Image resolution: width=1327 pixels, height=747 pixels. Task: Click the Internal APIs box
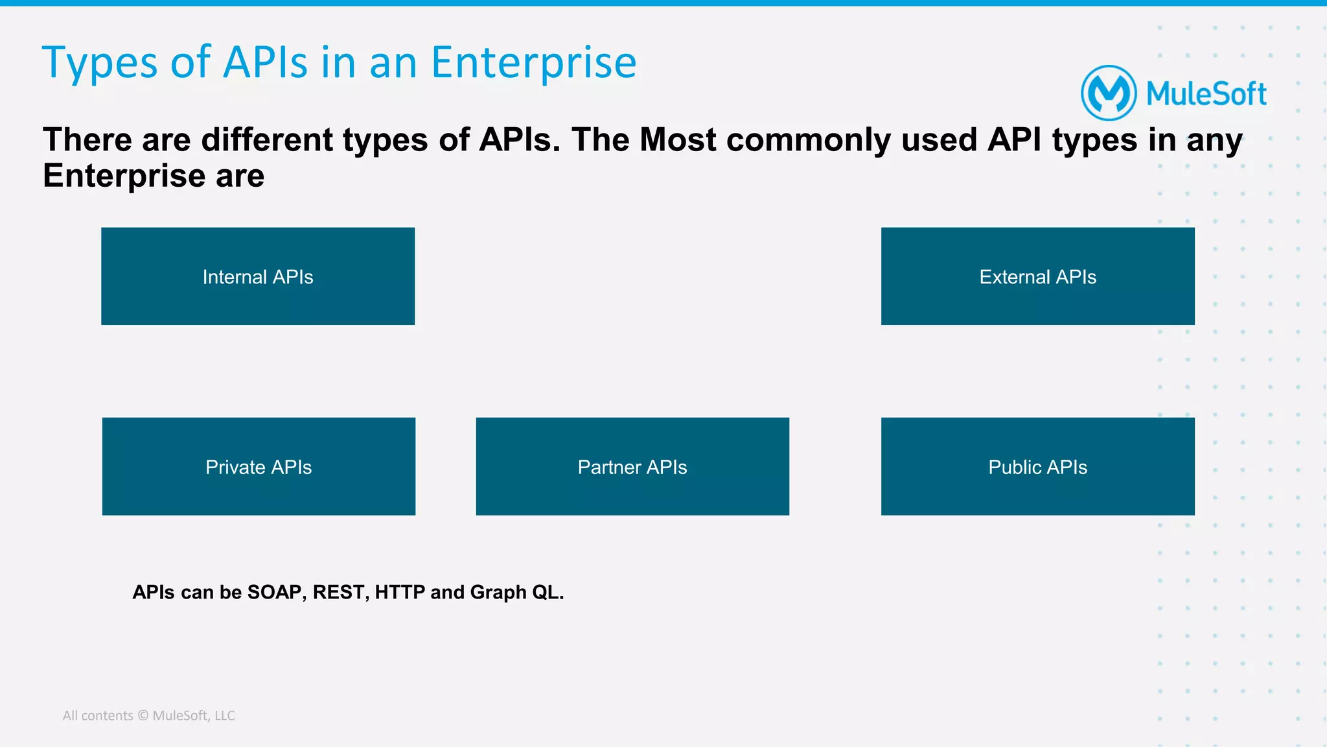click(x=258, y=276)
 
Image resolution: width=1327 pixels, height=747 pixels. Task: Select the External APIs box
click(x=1037, y=276)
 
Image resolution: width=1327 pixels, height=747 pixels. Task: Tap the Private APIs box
click(x=259, y=466)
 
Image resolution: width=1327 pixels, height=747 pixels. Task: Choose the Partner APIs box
click(x=632, y=466)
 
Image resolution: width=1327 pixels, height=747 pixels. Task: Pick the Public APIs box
click(x=1037, y=466)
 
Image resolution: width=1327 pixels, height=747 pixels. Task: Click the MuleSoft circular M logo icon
click(x=1109, y=93)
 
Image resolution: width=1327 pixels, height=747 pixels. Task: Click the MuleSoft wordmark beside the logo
click(x=1206, y=94)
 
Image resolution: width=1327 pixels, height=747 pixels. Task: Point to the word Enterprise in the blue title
click(x=533, y=64)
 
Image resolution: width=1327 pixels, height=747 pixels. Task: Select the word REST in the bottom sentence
click(x=340, y=592)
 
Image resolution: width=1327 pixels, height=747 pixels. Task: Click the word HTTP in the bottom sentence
click(x=400, y=592)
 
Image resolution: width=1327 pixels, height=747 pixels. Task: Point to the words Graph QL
click(x=516, y=592)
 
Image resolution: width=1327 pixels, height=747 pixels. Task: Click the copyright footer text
click(x=148, y=715)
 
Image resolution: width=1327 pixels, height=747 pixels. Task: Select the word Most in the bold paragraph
click(x=678, y=140)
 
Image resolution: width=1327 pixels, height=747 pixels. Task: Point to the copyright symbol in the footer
click(x=143, y=715)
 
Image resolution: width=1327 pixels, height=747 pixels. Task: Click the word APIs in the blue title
click(x=266, y=64)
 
